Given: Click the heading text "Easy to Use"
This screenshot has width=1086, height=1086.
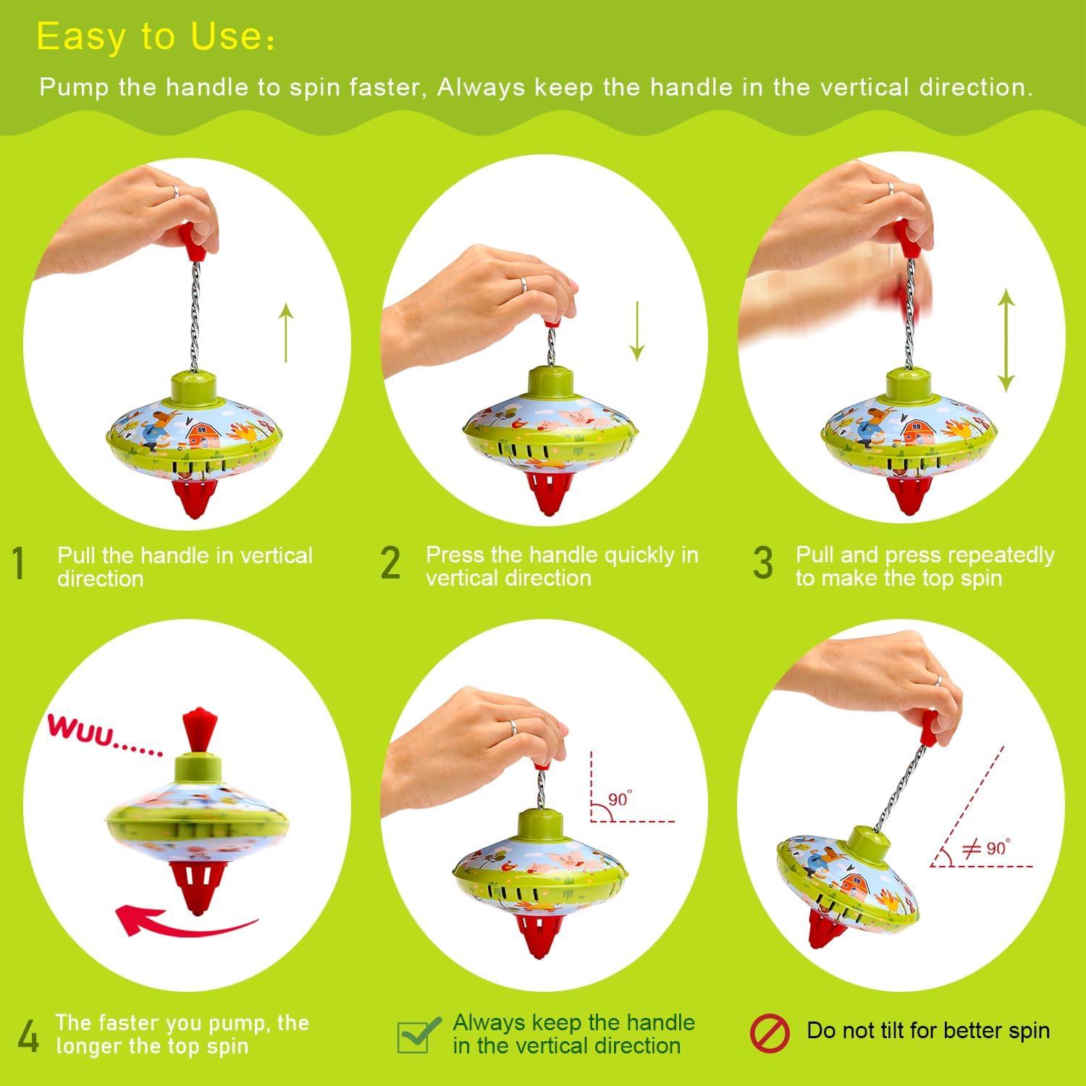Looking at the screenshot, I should (155, 37).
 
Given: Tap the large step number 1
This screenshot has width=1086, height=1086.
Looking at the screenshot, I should (20, 564).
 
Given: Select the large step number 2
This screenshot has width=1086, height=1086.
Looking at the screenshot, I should (390, 563).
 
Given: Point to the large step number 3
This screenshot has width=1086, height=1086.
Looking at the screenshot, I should (763, 563).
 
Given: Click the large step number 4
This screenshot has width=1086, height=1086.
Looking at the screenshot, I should (28, 1037).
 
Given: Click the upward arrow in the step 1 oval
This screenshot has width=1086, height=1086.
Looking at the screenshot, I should (286, 333).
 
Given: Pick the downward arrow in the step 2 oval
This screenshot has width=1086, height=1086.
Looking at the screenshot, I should (636, 331).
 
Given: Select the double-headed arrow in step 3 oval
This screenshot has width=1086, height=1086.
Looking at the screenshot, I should (1006, 340).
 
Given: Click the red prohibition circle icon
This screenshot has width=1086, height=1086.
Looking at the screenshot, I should (769, 1032).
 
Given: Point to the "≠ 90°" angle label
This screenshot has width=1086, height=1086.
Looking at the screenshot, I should (986, 847).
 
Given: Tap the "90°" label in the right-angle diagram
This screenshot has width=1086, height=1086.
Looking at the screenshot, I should (619, 799).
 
